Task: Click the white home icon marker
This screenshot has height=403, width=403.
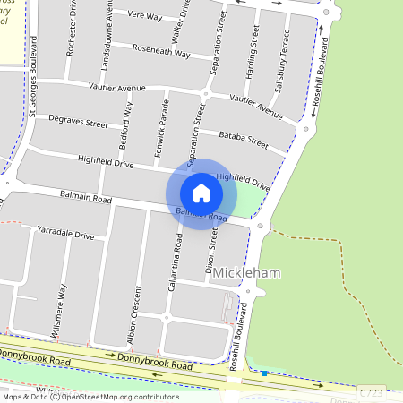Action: tap(201, 193)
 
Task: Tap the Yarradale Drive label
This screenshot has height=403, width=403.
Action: tap(65, 234)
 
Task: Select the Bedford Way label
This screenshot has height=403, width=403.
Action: tap(127, 125)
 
